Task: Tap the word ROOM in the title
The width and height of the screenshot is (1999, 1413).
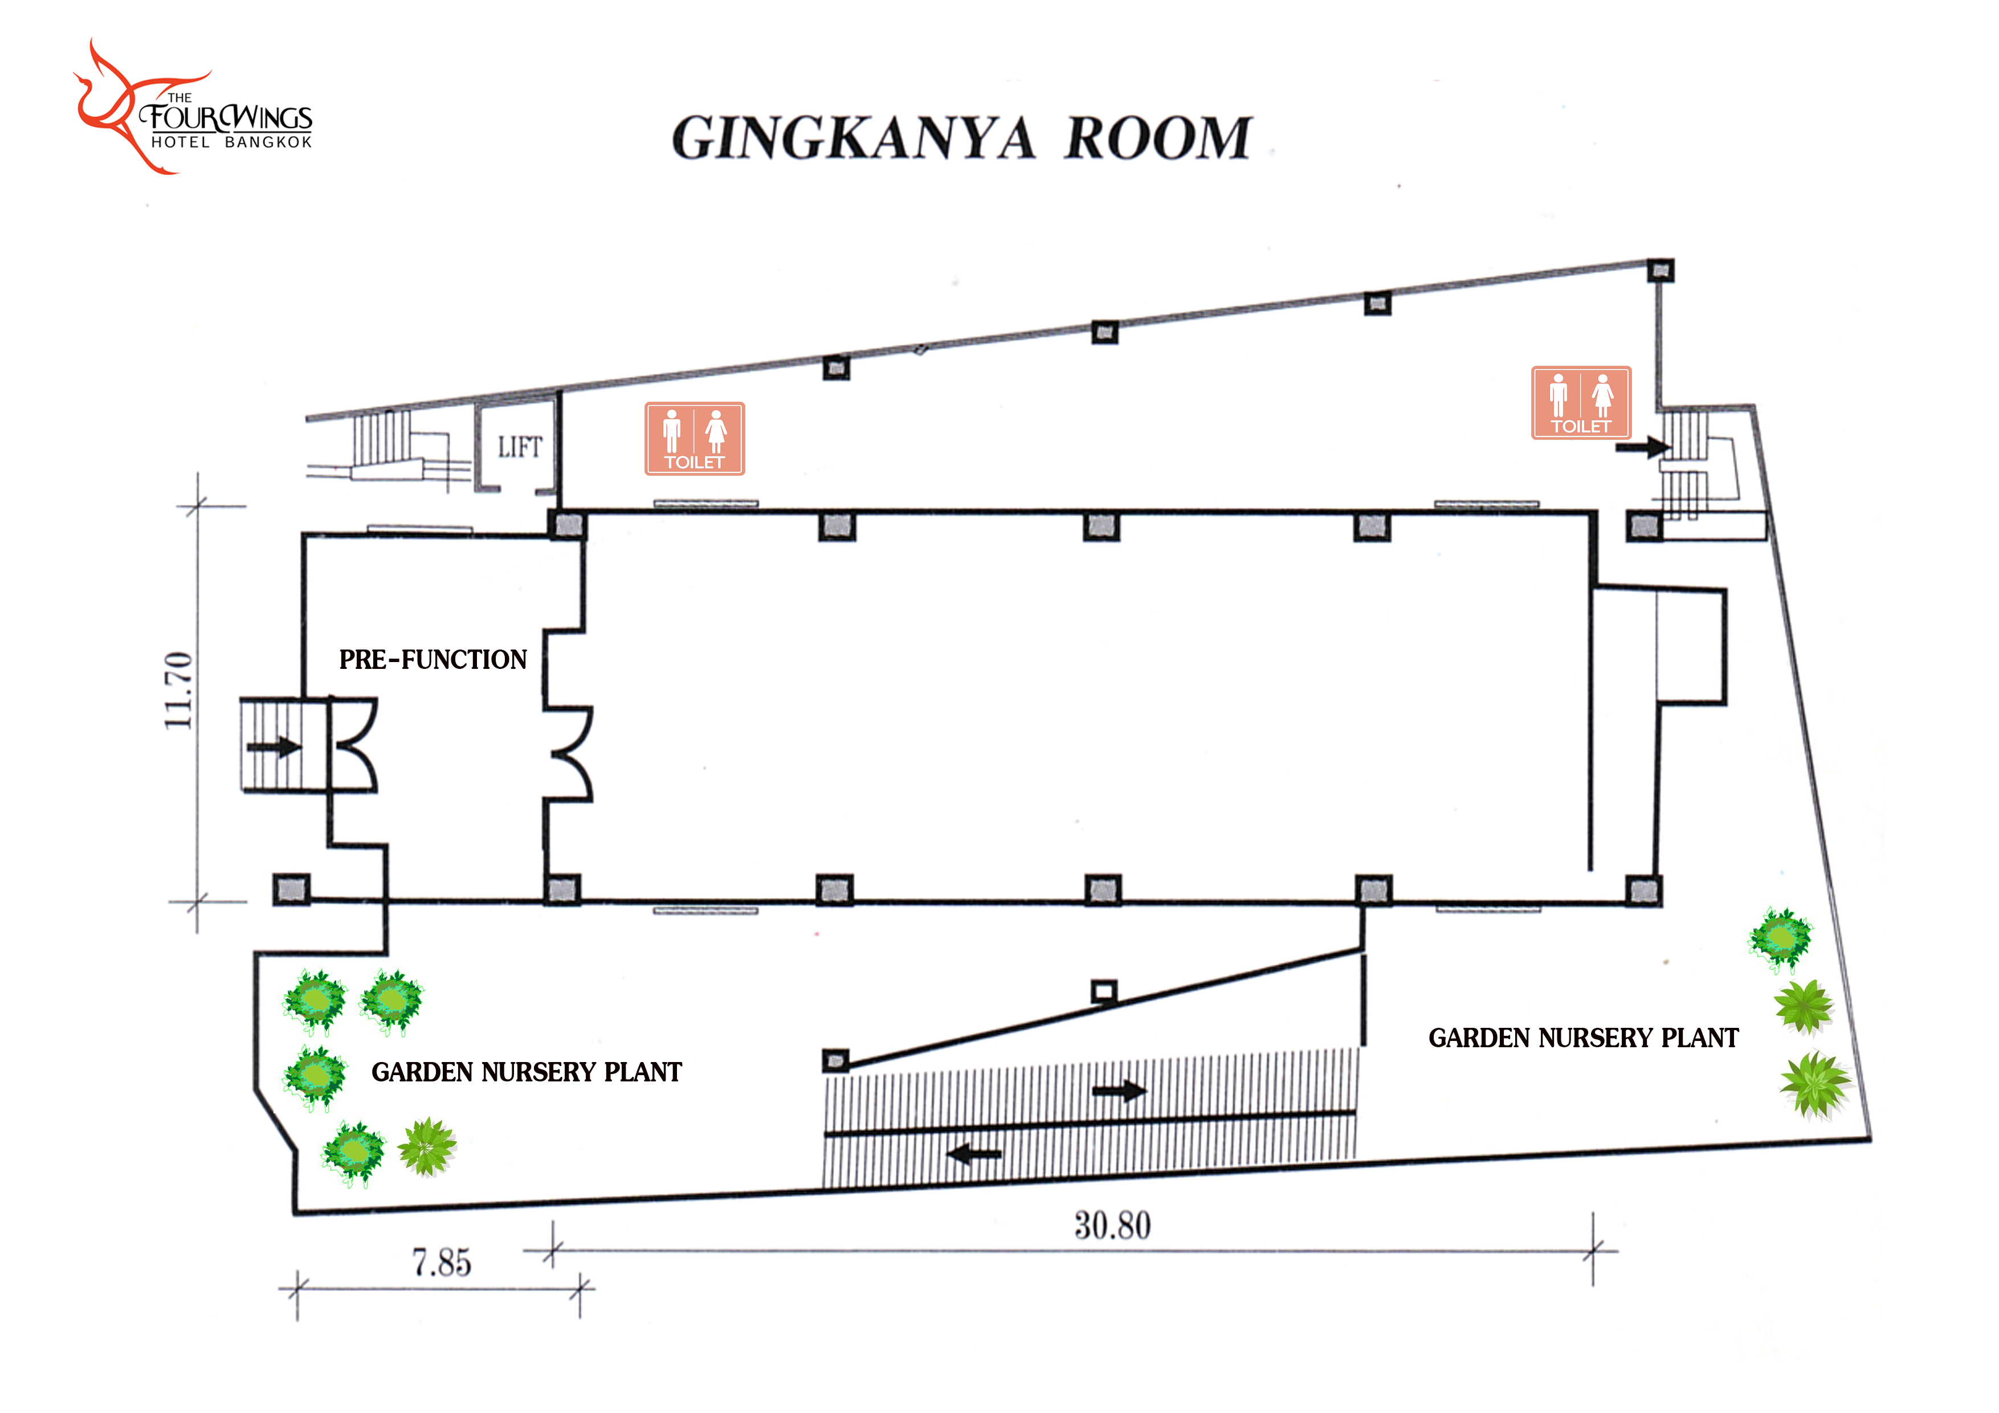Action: [1158, 138]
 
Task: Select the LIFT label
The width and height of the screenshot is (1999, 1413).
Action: [520, 447]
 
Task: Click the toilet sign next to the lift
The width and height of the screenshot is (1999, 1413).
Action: [695, 439]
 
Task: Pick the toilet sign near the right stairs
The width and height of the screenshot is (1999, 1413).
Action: [1581, 402]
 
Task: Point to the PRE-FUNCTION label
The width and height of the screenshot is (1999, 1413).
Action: [433, 659]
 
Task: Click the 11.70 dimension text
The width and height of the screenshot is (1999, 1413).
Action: [178, 691]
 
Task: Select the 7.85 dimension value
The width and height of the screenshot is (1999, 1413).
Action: [442, 1263]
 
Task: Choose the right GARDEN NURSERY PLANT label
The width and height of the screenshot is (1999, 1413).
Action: [1584, 1038]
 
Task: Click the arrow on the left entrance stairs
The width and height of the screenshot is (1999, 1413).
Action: [274, 747]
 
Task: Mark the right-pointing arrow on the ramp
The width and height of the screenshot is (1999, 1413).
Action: [1120, 1090]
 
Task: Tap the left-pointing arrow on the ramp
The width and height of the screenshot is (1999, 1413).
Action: [974, 1154]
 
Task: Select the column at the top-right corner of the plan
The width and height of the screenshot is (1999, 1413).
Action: [1661, 270]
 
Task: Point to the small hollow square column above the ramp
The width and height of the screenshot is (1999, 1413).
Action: [1104, 991]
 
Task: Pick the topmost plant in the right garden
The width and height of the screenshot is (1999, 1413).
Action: [1781, 938]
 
